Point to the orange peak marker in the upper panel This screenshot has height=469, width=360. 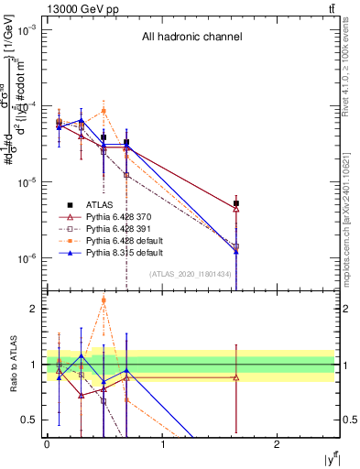[104, 111]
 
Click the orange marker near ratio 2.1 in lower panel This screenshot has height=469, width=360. [104, 300]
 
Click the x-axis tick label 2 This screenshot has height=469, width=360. [278, 443]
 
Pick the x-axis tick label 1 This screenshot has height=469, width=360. [162, 443]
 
